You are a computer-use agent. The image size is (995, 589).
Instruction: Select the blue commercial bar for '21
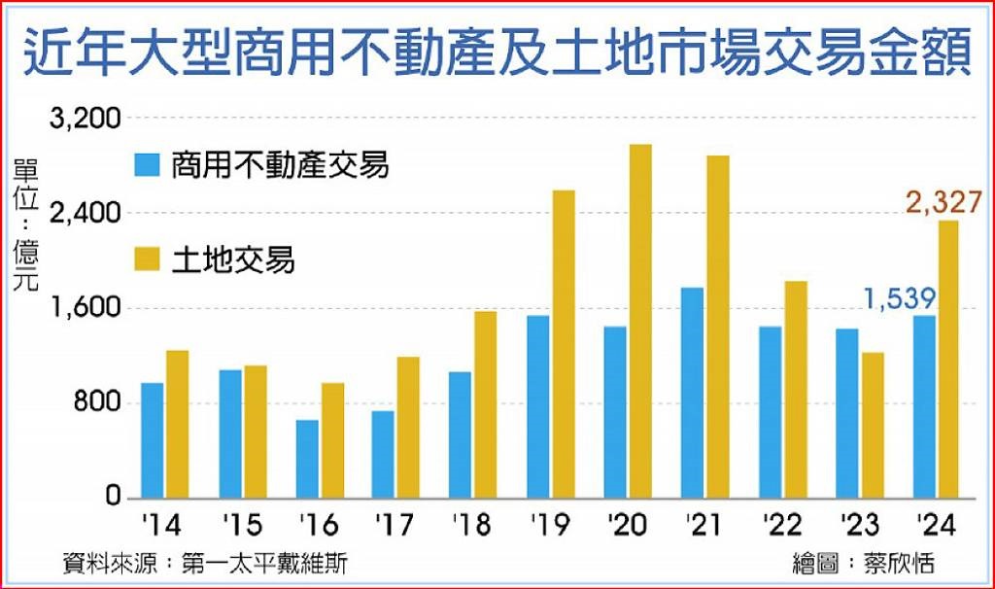(692, 393)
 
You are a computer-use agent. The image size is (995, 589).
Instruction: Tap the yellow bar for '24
(949, 360)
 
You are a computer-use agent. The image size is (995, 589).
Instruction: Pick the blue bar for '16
(307, 459)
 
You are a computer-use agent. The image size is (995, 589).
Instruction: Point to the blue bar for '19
(538, 406)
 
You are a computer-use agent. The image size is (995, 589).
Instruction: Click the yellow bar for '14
(177, 424)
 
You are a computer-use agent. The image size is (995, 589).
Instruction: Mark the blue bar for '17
(383, 454)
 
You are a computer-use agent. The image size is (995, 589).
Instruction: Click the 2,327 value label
(944, 202)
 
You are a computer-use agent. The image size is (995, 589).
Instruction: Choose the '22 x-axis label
(783, 526)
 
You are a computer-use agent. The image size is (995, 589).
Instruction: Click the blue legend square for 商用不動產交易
(146, 166)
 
